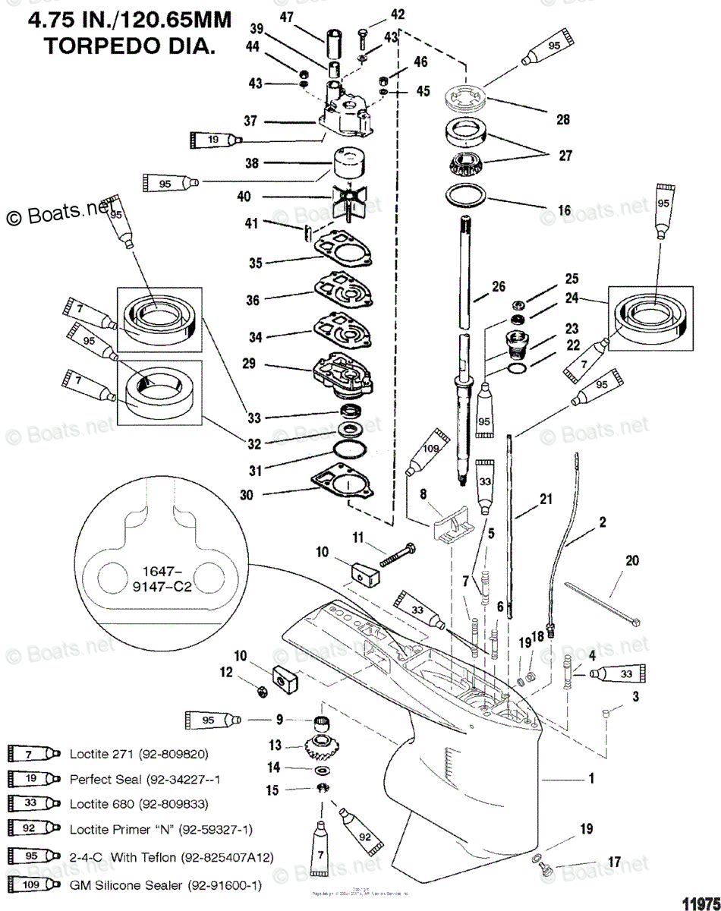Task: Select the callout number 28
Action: [562, 119]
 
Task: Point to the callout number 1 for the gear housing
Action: [592, 778]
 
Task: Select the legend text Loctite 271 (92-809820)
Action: [140, 754]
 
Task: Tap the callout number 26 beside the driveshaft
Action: [498, 286]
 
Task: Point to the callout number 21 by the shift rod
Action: [546, 499]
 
